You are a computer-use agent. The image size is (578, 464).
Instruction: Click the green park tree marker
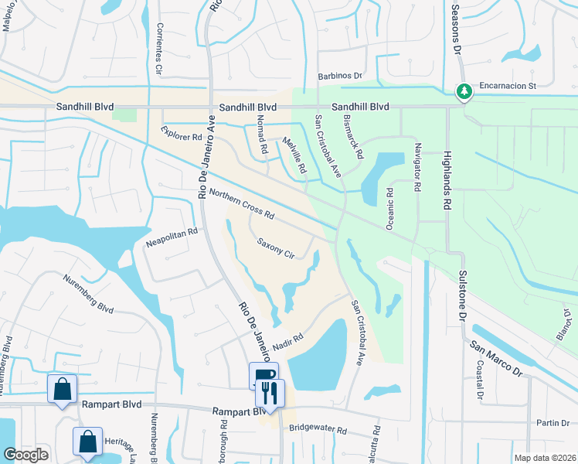pos(464,93)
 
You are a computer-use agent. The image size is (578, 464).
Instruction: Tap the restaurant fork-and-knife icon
pos(270,393)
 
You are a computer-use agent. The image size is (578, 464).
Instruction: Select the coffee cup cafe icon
pos(263,377)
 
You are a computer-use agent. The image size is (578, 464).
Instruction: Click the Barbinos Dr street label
pos(340,76)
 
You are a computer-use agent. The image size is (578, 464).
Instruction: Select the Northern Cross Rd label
pos(242,203)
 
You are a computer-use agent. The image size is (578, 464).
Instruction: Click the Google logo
pos(25,455)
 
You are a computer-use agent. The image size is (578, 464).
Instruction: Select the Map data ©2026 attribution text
pos(544,457)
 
